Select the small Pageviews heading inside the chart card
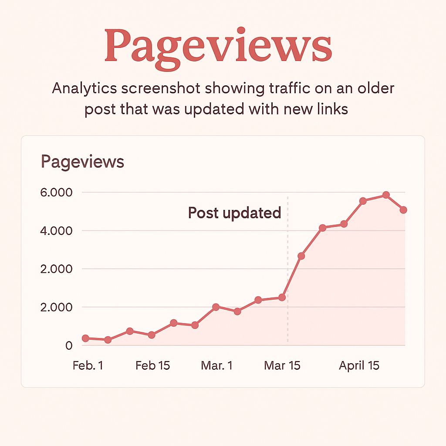(x=82, y=162)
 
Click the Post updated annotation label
(x=234, y=213)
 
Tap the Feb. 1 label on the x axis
(x=88, y=365)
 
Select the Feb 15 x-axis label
(x=152, y=365)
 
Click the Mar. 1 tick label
(x=216, y=365)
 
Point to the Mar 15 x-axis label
(x=282, y=365)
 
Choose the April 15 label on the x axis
(x=359, y=365)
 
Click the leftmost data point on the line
(x=85, y=338)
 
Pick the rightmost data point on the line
(x=403, y=210)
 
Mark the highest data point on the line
(x=385, y=195)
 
